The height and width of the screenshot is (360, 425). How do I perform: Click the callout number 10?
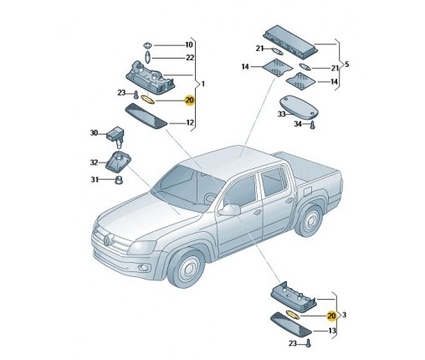pos(189,45)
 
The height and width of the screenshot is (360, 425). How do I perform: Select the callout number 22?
pos(190,58)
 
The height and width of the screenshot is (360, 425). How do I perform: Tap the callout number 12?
pos(190,122)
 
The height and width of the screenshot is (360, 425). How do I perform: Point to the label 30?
pos(94,133)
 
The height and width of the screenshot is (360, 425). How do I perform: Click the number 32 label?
pos(94,162)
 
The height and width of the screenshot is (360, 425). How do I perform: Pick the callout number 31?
pos(95,180)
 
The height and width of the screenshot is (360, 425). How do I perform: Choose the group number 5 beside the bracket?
pos(346,64)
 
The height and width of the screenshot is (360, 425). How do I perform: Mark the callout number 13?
pos(332,331)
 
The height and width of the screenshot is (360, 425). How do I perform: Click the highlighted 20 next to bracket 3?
pos(331,316)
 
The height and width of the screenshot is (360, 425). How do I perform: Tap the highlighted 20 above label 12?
pos(190,100)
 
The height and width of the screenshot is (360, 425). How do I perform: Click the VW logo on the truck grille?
pos(107,240)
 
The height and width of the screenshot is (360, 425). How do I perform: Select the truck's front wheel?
pos(187,268)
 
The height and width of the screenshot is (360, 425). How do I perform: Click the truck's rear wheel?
pos(310,220)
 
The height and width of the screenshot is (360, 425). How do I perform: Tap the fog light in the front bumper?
pos(143,268)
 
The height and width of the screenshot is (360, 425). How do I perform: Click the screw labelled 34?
pos(312,125)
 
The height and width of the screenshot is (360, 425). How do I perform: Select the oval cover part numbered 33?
pos(300,108)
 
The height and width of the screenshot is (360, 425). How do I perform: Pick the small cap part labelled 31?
pos(119,180)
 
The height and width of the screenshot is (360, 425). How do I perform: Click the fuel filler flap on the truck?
pos(306,192)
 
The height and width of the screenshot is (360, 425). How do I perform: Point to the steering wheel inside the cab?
pos(211,198)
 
